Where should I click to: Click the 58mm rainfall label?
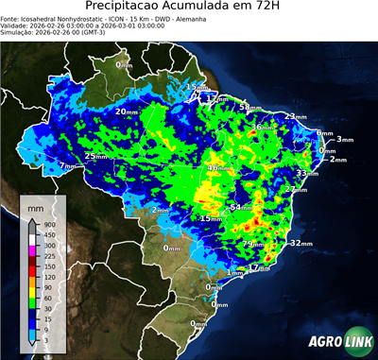point(249,108)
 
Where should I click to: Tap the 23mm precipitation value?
point(295,117)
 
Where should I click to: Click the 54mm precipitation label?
point(241,206)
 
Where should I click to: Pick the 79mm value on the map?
point(253,244)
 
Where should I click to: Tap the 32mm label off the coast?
point(300,243)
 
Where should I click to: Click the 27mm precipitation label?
point(296,190)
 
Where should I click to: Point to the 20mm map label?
point(126,111)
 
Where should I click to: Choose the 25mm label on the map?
point(95,156)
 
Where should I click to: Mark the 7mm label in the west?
point(66,166)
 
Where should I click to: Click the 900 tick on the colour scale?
point(48,224)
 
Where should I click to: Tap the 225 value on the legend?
point(48,255)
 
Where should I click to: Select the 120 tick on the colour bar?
point(48,276)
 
